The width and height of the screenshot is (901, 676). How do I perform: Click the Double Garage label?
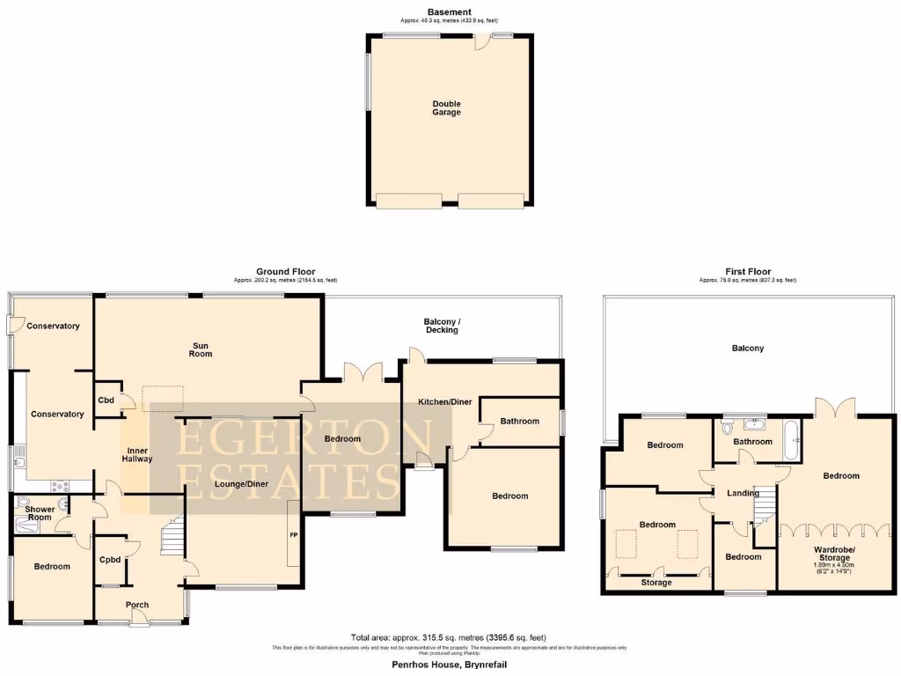(446, 108)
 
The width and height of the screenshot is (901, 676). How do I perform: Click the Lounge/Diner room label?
(240, 483)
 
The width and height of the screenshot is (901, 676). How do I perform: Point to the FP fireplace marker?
(293, 534)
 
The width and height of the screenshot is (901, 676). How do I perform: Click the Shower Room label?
(40, 514)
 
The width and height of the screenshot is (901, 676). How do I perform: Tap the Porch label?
(137, 605)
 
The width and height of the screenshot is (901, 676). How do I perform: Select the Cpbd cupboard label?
(110, 559)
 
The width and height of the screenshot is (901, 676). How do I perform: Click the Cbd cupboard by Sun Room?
(106, 400)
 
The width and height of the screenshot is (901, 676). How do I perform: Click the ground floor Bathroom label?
(519, 421)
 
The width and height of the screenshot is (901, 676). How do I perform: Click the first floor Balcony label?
(748, 349)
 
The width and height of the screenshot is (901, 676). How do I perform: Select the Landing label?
(743, 493)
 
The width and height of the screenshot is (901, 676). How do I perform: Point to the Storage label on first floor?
(656, 583)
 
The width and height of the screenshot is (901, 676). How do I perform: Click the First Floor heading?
(748, 272)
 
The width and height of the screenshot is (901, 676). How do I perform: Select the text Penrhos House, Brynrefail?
(449, 665)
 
